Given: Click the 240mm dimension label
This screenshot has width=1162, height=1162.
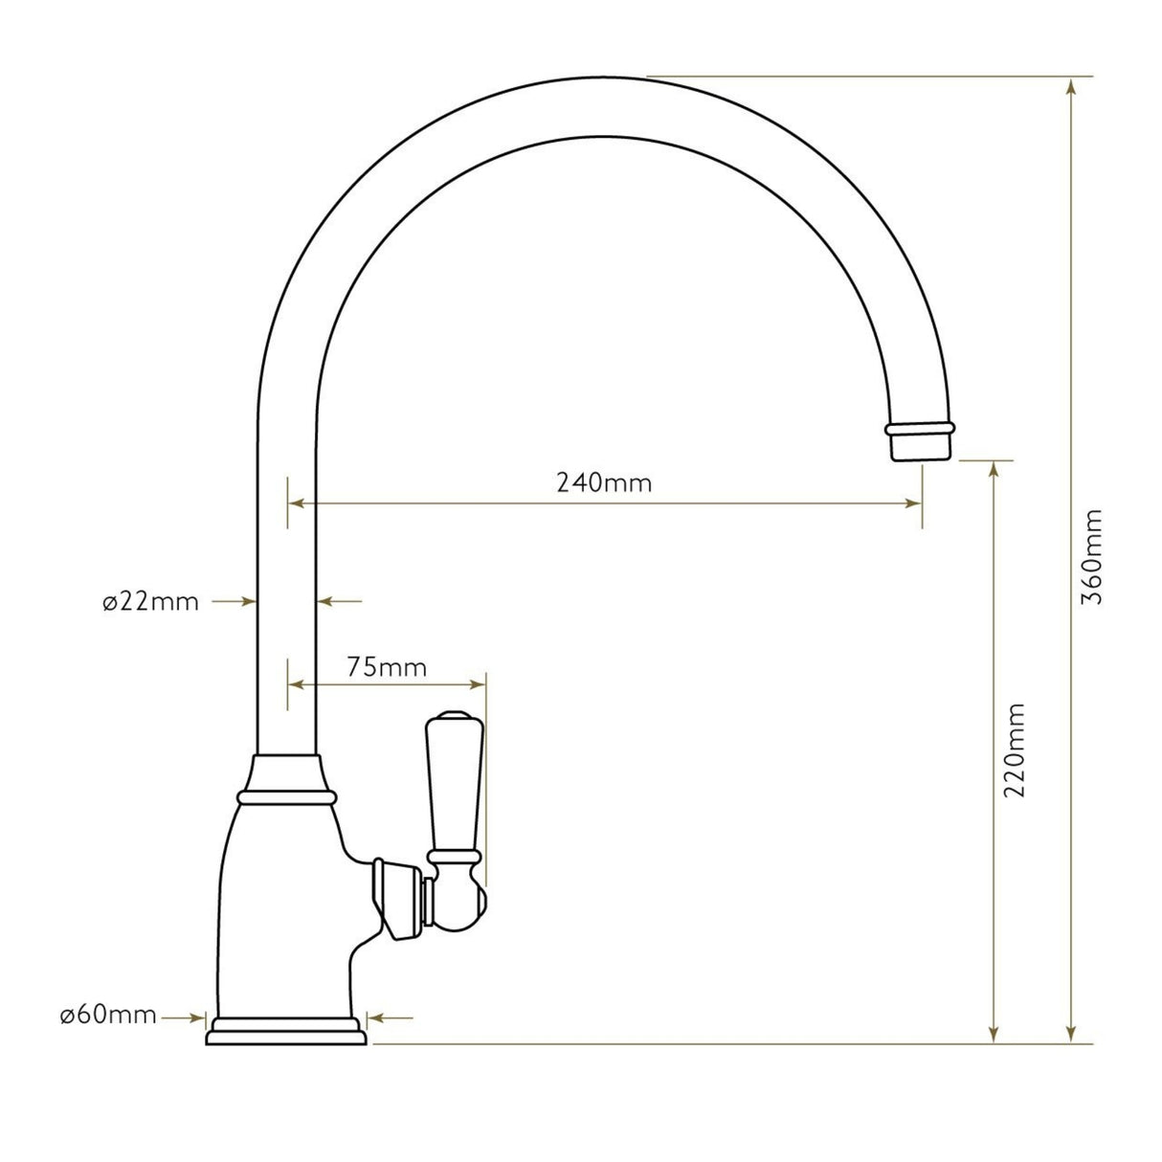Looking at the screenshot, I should (604, 482).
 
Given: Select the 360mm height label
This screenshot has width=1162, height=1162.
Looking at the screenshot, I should (1091, 555).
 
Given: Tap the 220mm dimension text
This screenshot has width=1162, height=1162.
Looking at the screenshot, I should (1016, 749).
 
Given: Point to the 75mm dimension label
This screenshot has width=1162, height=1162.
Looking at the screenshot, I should (387, 667).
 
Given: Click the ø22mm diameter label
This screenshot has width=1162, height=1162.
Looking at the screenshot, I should (150, 602).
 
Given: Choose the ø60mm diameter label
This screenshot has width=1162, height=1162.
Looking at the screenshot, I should (108, 1016).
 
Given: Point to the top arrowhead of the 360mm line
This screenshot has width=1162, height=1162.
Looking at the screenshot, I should (1072, 86).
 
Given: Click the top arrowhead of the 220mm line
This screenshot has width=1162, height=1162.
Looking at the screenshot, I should (996, 469).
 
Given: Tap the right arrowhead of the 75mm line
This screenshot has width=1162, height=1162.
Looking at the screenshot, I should (478, 683).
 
